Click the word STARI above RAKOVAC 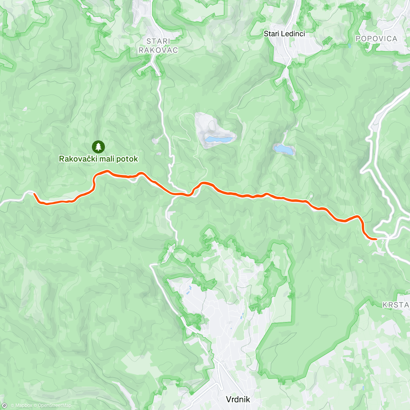pyautogui.click(x=158, y=41)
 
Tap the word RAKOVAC pyautogui.click(x=158, y=50)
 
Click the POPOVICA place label pyautogui.click(x=376, y=39)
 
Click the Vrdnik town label pyautogui.click(x=238, y=399)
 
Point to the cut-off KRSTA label pyautogui.click(x=396, y=305)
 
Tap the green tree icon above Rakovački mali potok pyautogui.click(x=98, y=147)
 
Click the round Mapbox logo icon pyautogui.click(x=5, y=405)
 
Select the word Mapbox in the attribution pyautogui.click(x=23, y=406)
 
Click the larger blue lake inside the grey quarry pyautogui.click(x=218, y=139)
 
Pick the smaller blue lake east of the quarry pyautogui.click(x=284, y=149)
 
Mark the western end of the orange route pyautogui.click(x=35, y=194)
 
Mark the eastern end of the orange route pyautogui.click(x=376, y=239)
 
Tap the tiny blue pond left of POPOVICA pyautogui.click(x=349, y=45)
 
